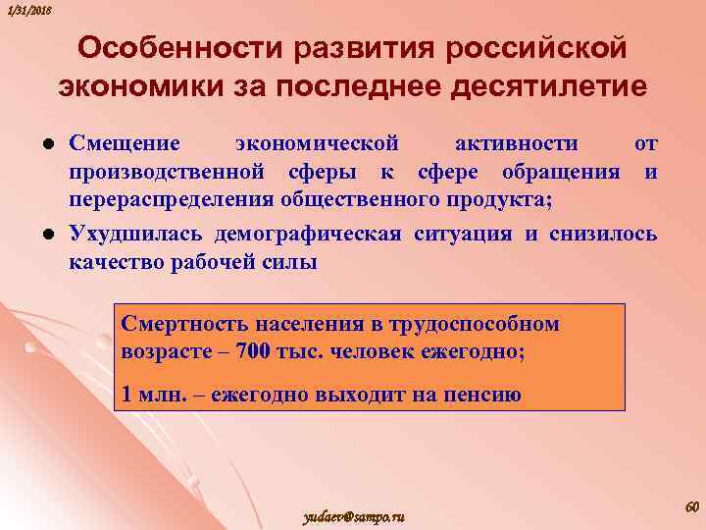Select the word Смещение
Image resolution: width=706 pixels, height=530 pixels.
coord(125,143)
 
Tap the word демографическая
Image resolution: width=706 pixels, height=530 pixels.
coord(325,234)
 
